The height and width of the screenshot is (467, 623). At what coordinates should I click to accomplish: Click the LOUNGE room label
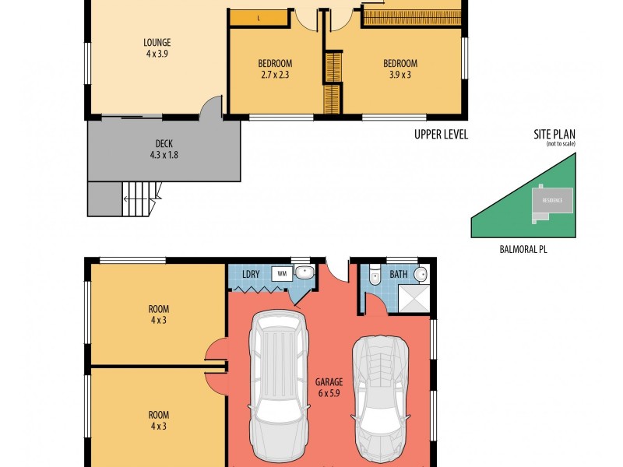coord(157,43)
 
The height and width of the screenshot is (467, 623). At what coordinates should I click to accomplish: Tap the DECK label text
coord(164,143)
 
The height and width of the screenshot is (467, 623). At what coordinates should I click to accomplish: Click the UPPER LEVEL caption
coord(441,135)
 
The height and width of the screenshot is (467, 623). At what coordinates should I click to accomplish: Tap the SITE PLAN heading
coord(554,134)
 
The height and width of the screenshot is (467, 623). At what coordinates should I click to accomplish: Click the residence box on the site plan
coord(553,200)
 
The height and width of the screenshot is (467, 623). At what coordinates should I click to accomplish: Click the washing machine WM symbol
coord(280,274)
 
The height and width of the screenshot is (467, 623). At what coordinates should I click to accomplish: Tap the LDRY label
coord(251,274)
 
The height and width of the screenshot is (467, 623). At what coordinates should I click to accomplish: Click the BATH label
coord(399,274)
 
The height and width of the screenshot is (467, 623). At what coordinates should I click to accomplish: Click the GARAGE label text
coord(329,382)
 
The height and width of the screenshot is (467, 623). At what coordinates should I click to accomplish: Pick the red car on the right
coord(381,397)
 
